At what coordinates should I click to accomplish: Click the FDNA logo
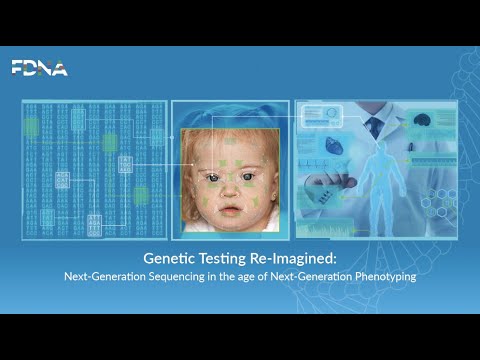39,68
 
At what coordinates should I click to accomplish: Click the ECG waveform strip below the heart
318,163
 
